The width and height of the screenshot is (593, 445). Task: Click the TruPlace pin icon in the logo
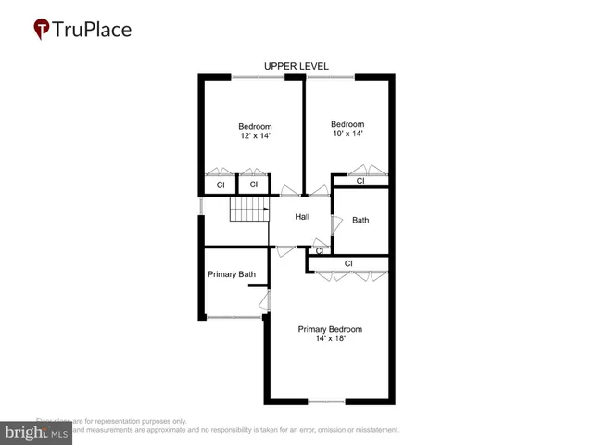[43, 29]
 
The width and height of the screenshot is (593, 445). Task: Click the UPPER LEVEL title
[296, 66]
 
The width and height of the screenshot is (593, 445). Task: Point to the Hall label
[302, 217]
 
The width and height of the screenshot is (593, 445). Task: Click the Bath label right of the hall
[360, 221]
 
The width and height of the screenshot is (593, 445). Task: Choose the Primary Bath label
[232, 274]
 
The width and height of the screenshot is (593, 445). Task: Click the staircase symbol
[247, 210]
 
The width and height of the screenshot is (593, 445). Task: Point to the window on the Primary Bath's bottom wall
[233, 318]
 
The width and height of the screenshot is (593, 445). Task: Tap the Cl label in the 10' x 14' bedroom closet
[360, 181]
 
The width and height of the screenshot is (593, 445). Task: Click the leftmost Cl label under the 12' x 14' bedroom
[221, 185]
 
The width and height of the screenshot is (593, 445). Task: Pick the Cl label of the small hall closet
[320, 250]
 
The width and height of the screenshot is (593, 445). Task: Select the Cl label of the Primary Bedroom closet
[348, 263]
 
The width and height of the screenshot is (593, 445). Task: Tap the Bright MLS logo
[36, 433]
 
